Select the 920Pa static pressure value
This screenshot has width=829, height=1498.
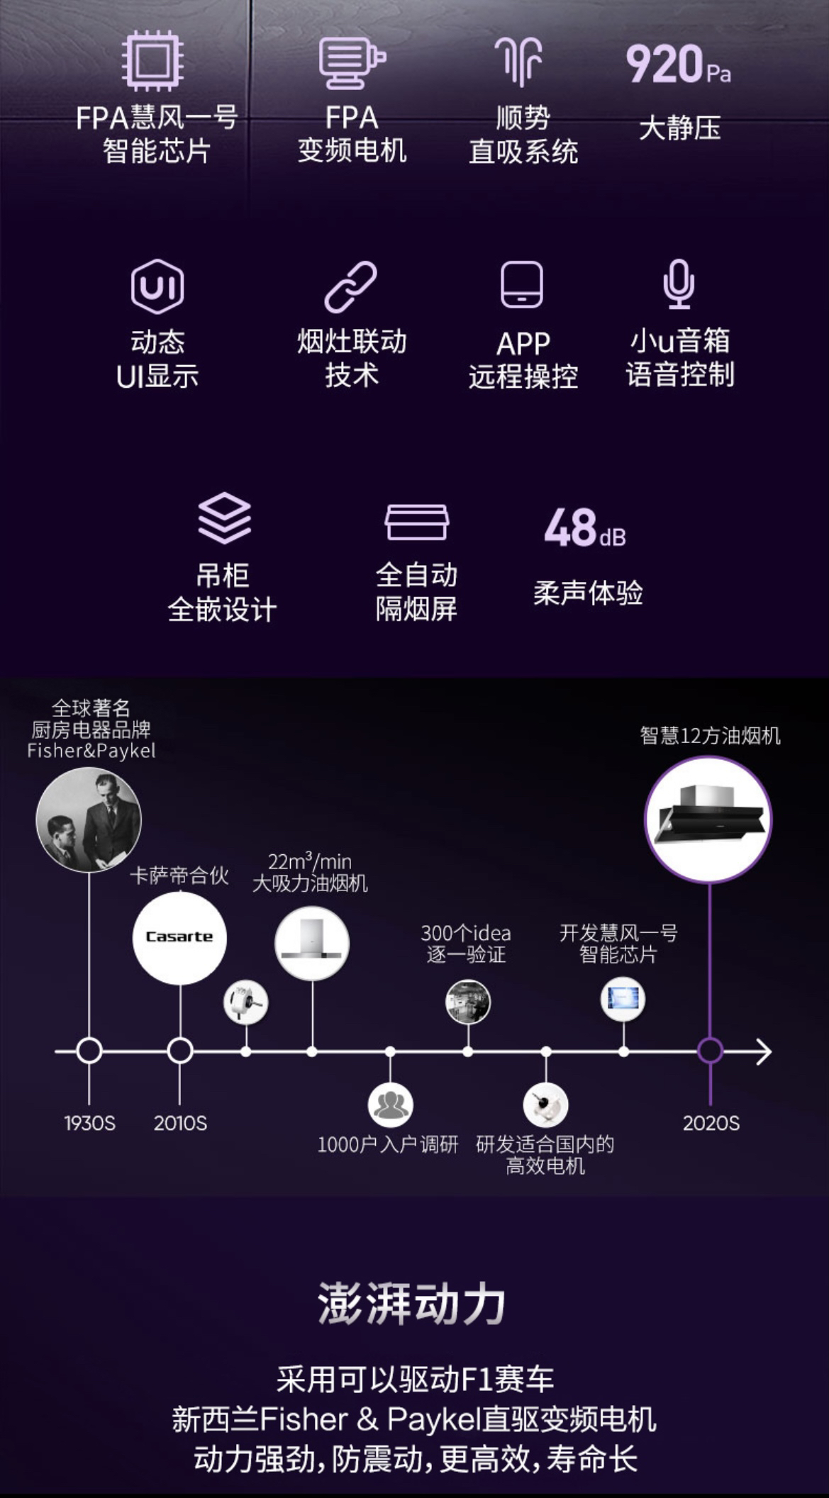[678, 65]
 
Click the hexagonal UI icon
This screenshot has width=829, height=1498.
[157, 286]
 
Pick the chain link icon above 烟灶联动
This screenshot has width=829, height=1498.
[350, 286]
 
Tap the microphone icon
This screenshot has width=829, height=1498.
[679, 284]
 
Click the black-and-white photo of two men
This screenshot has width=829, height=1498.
[89, 820]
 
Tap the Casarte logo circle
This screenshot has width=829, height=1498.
[179, 937]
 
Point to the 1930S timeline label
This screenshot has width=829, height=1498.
[89, 1123]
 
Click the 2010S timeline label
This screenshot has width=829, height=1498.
[180, 1123]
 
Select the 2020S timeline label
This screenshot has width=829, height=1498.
[711, 1123]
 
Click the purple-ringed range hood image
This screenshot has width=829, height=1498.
[708, 818]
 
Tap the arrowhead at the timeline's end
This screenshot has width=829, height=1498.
[764, 1051]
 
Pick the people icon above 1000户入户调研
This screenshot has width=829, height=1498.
[390, 1105]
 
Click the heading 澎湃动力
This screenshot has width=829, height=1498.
[411, 1303]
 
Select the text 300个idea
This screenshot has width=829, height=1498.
[465, 933]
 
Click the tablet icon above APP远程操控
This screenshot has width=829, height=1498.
[522, 285]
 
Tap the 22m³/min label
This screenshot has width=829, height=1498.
[310, 861]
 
